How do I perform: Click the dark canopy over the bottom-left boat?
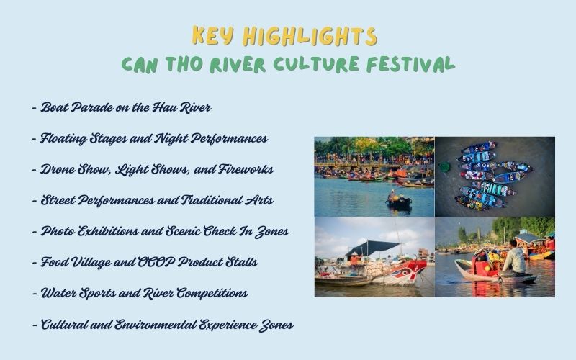coord(374,247)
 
